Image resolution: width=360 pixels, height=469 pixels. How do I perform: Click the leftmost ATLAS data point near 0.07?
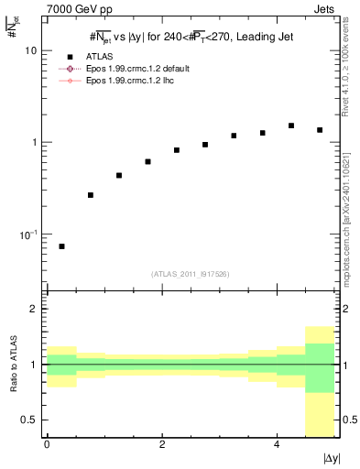click(61, 246)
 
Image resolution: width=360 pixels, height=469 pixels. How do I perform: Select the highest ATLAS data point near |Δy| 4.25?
click(291, 125)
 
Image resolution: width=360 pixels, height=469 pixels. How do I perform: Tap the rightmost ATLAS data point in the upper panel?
click(320, 130)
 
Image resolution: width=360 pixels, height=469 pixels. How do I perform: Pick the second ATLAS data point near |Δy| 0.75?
click(90, 195)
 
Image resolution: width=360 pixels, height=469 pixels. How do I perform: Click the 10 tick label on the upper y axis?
click(29, 51)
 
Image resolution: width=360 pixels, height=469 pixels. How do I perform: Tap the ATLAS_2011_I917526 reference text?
click(191, 274)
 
